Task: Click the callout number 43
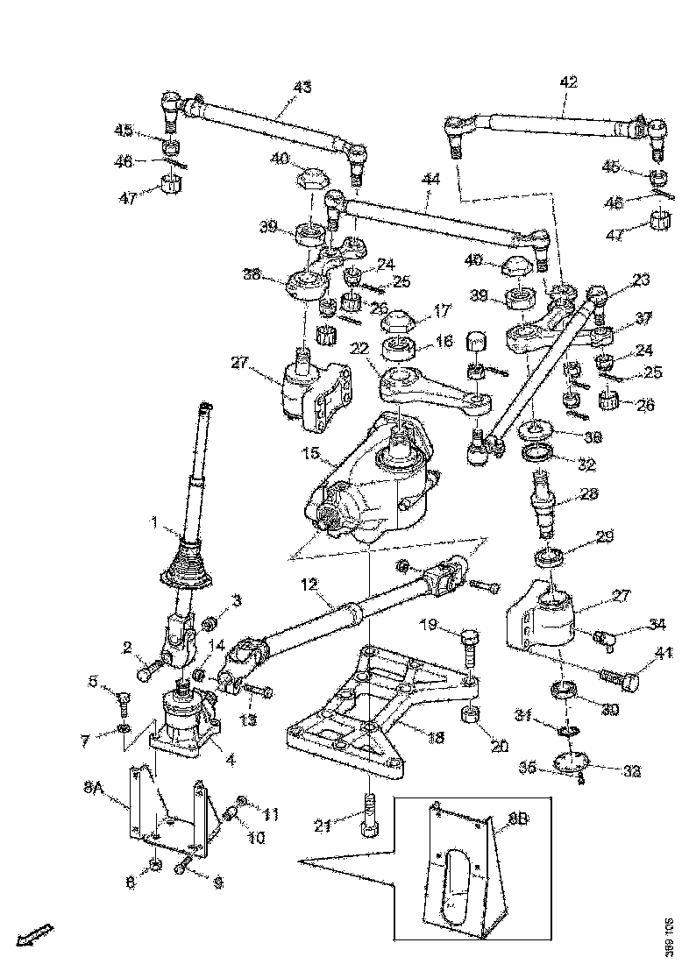click(302, 88)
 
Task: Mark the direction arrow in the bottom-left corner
click(37, 935)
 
